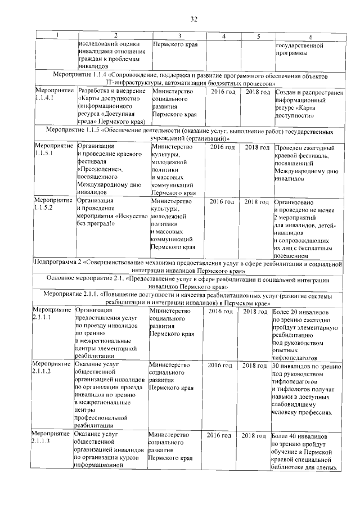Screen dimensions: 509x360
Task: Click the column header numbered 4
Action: pos(223,37)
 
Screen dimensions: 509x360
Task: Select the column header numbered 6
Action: pos(310,37)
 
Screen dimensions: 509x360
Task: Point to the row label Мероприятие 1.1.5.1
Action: pos(53,151)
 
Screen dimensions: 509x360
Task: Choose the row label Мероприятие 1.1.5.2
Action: pos(53,204)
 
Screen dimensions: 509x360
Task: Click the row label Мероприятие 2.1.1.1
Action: pos(52,313)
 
